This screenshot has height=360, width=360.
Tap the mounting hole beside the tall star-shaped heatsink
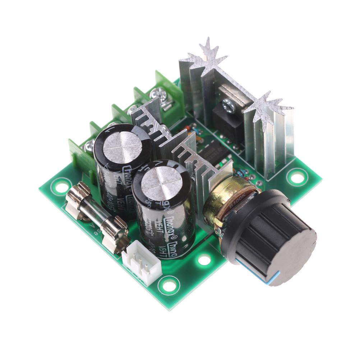[297, 177]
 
